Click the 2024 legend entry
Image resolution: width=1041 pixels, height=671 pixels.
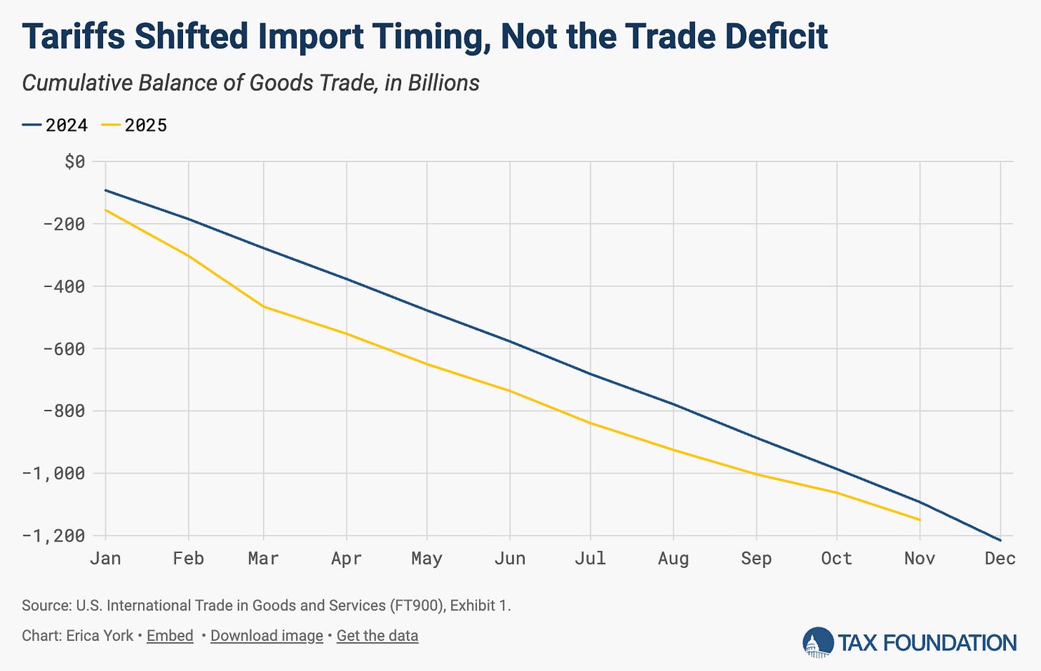click(56, 125)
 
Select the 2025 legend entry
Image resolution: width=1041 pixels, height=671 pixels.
click(136, 125)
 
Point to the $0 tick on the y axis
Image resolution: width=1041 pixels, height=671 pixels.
click(74, 162)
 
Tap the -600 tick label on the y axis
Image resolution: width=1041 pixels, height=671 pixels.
click(64, 349)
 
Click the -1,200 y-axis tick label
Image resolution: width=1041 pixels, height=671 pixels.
click(54, 536)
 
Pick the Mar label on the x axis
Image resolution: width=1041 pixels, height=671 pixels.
click(263, 558)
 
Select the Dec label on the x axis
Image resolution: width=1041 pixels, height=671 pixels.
click(1000, 558)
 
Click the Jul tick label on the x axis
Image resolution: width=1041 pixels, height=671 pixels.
click(590, 558)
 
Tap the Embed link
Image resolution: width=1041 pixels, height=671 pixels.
click(170, 635)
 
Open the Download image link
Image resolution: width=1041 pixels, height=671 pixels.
click(267, 635)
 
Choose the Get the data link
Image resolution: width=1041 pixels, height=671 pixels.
click(377, 635)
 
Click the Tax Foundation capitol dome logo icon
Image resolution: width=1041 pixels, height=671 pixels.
click(817, 642)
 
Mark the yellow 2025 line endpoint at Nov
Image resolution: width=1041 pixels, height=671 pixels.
click(919, 519)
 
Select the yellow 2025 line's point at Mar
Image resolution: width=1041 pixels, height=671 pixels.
click(264, 307)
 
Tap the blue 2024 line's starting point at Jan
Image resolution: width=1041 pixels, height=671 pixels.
click(106, 190)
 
